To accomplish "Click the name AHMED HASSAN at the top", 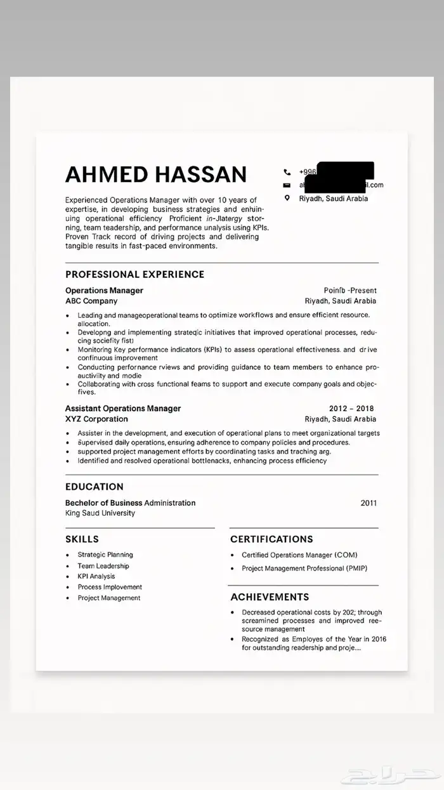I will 156,174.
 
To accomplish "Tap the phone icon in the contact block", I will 287,172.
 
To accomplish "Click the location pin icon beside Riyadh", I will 287,198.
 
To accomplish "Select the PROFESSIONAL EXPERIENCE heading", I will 134,274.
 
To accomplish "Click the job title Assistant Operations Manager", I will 123,408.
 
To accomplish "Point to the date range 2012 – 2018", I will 351,409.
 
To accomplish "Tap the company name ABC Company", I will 91,301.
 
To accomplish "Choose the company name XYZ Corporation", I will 96,419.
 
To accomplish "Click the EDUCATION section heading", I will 95,487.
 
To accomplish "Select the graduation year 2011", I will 369,503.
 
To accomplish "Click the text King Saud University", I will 100,513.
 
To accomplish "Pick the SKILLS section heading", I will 82,539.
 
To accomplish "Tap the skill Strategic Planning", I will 105,555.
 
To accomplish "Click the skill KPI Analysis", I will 96,576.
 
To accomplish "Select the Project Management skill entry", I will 109,598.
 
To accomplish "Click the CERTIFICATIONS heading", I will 271,539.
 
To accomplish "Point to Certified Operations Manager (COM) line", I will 299,555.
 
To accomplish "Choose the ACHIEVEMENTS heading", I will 270,596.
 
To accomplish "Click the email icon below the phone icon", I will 287,185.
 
